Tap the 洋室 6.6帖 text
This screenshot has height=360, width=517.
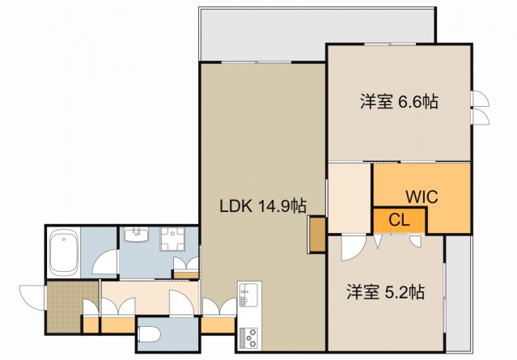[399, 102]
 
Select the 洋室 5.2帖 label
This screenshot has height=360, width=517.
[387, 291]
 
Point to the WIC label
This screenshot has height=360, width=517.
[422, 197]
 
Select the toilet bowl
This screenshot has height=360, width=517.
[150, 332]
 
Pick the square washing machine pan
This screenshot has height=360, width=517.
[172, 239]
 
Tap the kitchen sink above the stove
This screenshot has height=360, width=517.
[248, 293]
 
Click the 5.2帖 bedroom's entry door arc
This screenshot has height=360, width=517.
[352, 248]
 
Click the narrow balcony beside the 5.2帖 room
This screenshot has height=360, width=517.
[457, 290]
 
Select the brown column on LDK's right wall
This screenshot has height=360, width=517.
[316, 235]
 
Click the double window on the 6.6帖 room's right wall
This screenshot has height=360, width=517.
[481, 108]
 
